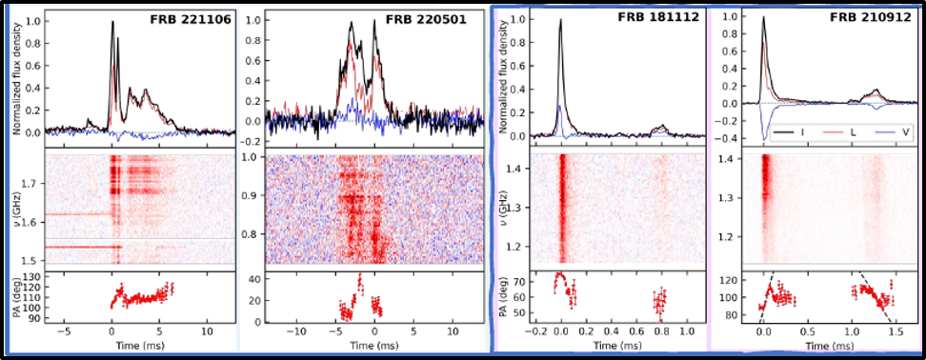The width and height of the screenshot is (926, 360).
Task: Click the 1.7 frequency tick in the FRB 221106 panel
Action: coord(32,182)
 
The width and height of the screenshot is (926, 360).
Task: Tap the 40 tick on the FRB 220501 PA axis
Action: coord(253,278)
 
